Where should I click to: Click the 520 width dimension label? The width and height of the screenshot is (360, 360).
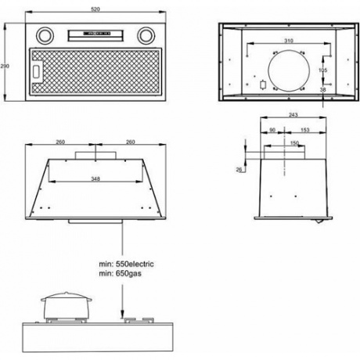tap(95, 9)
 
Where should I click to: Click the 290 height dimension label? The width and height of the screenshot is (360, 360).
tap(5, 66)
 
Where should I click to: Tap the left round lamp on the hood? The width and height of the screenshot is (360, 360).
tap(45, 35)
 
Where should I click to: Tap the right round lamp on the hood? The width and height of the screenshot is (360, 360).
tap(146, 35)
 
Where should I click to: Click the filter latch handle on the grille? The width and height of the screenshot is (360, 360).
tap(38, 70)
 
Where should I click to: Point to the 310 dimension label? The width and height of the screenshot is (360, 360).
tap(289, 41)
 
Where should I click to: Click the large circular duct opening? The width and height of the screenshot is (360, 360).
tap(289, 70)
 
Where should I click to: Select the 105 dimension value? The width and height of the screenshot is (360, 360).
tap(322, 70)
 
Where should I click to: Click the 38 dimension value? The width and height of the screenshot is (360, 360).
tap(322, 89)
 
